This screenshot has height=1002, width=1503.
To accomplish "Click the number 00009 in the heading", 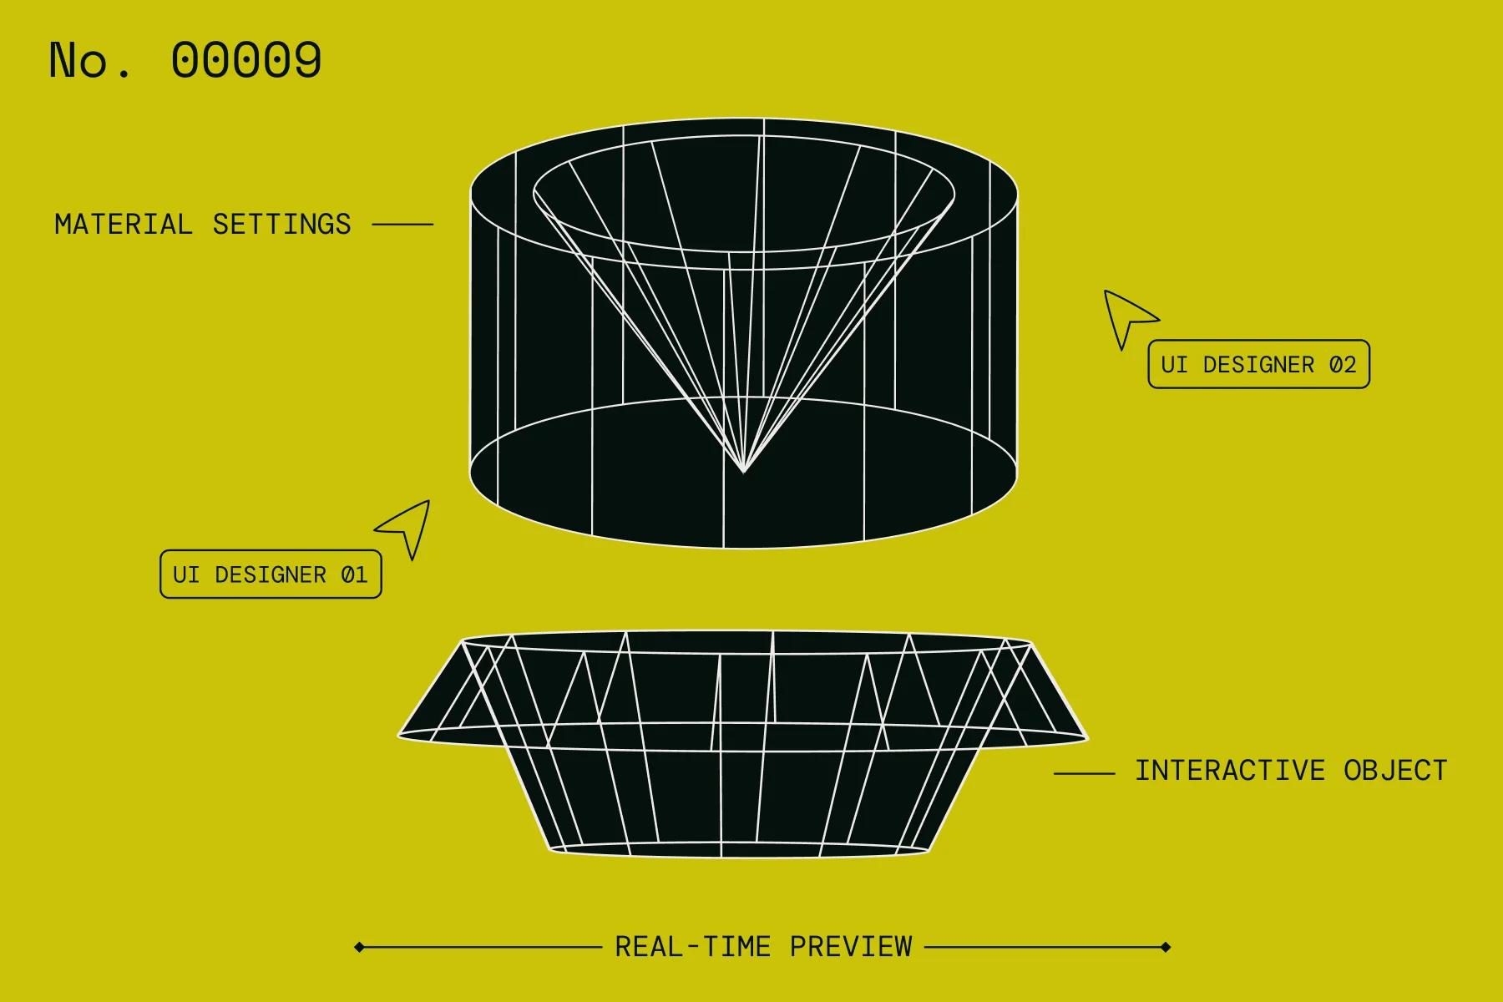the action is coord(246,60).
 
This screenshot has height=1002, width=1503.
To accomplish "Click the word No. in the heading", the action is coord(90,60).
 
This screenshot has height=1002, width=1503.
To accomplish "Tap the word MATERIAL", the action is coord(124,225).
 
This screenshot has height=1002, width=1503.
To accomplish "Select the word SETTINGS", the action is coord(282,225).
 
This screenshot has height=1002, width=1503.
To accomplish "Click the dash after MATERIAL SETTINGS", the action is coord(402,225).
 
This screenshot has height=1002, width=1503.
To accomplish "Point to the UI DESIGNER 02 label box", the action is coord(1259,364).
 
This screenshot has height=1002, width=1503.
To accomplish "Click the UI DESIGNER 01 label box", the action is coord(271,574).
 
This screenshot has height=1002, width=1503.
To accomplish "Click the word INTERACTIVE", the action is coord(1230,770).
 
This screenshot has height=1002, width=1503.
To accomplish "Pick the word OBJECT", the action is coord(1395,770).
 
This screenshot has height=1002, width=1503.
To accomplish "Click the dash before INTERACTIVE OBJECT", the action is coord(1084,774).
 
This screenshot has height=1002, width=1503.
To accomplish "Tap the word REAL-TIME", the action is coord(693,947).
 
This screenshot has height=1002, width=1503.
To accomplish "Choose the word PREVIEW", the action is coord(851,947).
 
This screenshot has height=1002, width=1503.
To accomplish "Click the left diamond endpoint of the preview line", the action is coord(359,947).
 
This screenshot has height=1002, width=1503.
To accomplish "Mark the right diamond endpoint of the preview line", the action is coord(1166,947).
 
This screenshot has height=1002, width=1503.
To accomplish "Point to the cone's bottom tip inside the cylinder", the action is coord(743,472).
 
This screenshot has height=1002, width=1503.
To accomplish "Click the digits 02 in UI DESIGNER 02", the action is coord(1343,365).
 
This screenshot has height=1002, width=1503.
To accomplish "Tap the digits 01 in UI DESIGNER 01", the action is coord(354,575).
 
